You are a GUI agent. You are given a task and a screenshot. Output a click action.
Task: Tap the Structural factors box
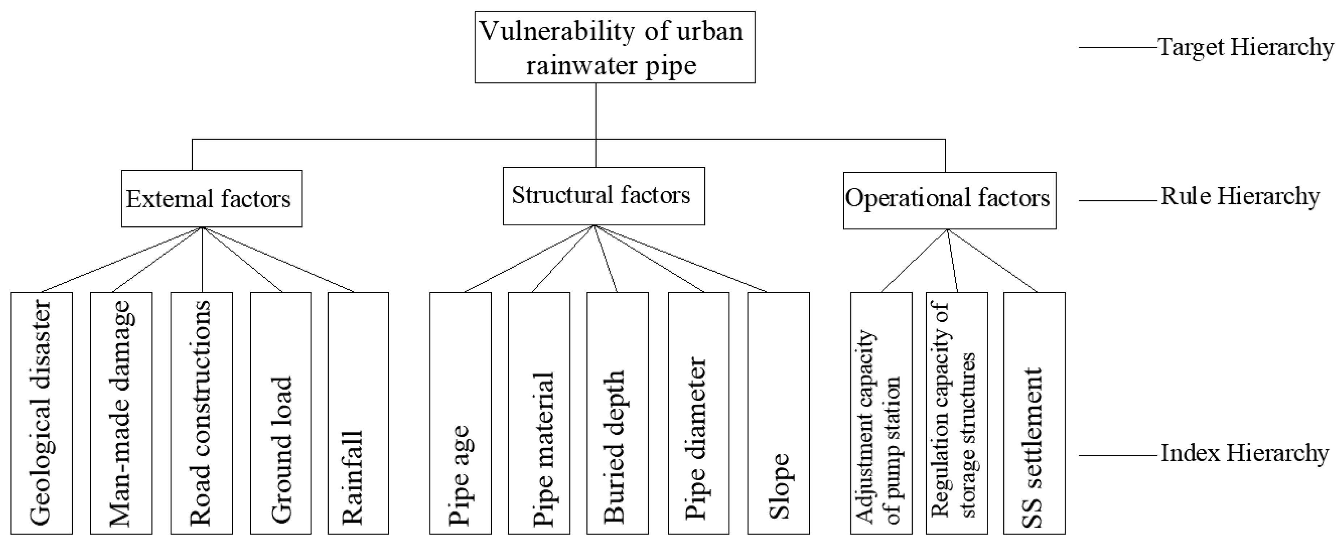[603, 196]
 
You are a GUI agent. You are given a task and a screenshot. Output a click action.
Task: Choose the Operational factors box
[949, 200]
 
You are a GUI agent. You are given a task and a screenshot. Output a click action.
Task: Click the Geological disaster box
[42, 413]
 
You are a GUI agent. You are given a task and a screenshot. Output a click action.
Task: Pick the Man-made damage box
[121, 413]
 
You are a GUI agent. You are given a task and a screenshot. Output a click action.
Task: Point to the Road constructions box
[201, 413]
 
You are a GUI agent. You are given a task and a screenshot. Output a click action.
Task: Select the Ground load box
[281, 413]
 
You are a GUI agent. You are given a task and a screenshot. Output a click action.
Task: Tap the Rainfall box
[358, 413]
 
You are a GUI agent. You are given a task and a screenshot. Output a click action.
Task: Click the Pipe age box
[460, 413]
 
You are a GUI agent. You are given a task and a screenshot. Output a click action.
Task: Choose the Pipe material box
[539, 413]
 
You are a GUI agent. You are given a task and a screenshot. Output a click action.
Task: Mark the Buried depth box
[618, 413]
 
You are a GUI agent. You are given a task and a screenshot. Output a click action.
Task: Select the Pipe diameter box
[698, 413]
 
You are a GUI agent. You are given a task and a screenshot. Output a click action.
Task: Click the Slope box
[779, 413]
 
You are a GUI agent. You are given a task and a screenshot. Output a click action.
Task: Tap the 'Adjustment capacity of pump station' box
[881, 413]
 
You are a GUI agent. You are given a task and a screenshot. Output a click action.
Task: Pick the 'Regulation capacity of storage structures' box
[957, 413]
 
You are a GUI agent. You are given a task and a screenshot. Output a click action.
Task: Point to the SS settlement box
[1034, 413]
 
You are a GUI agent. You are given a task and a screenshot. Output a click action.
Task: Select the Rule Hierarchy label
[1240, 197]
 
